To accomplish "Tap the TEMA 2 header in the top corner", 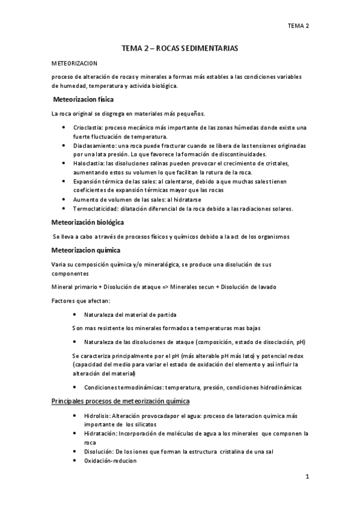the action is coord(298,25).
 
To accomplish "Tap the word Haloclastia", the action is coord(88,164).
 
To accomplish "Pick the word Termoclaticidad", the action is coord(95,209).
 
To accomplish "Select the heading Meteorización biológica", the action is coord(88,223).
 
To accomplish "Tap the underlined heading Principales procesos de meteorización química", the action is coord(121,401).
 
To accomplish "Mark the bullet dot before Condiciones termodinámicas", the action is coord(73,387).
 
